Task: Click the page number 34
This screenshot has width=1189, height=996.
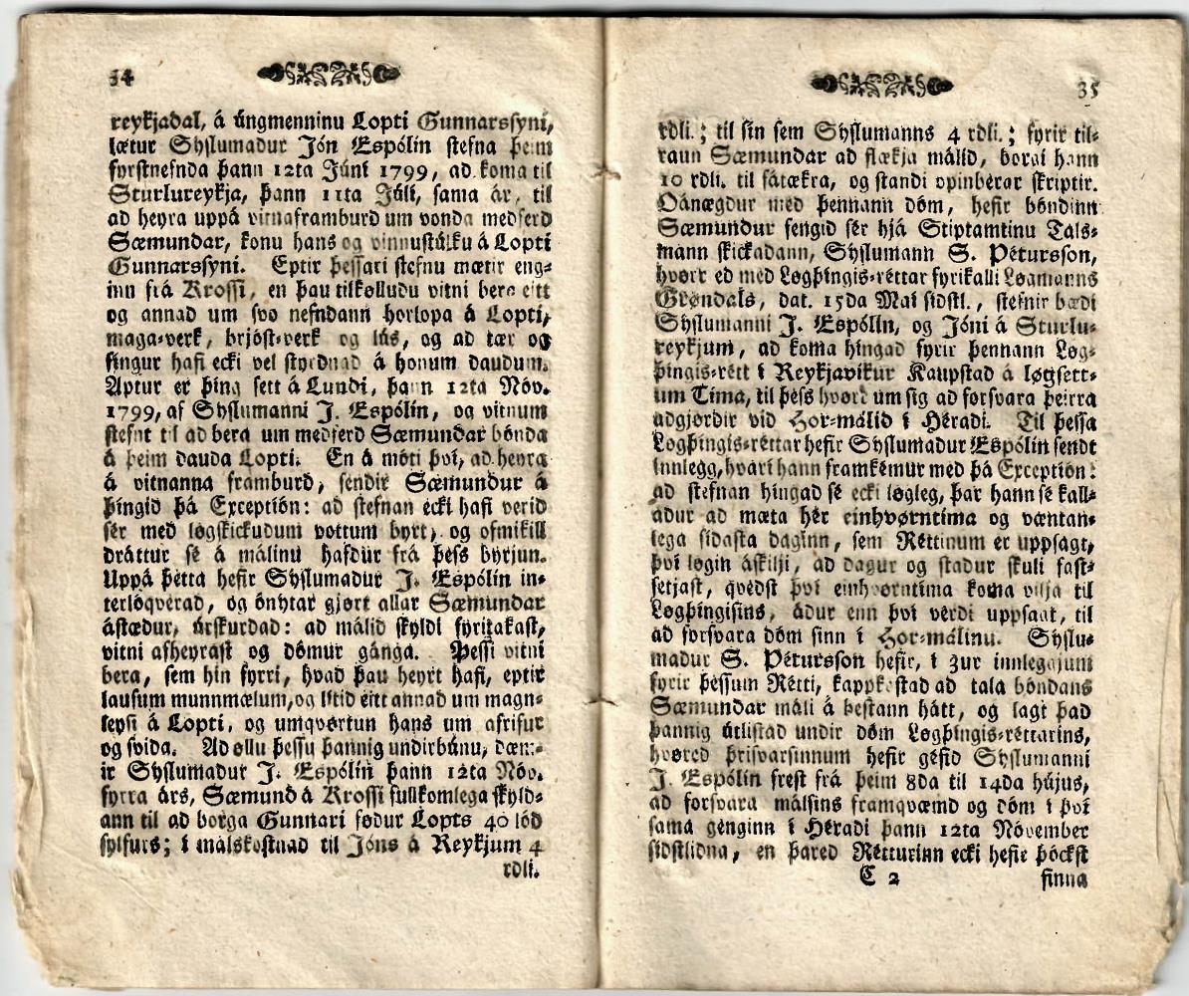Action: (x=122, y=74)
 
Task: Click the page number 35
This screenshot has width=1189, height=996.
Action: (x=1087, y=89)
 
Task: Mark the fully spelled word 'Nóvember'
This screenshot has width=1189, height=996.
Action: (x=1037, y=829)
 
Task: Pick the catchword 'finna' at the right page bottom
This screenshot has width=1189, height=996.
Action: (x=1063, y=879)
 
